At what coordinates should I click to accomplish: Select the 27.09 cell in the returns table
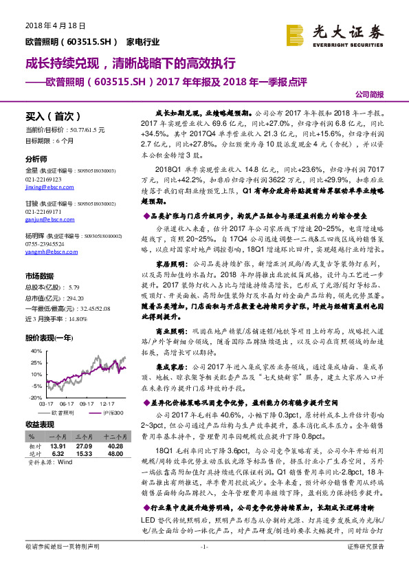tap(84, 446)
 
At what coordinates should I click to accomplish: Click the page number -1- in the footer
tap(203, 566)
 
